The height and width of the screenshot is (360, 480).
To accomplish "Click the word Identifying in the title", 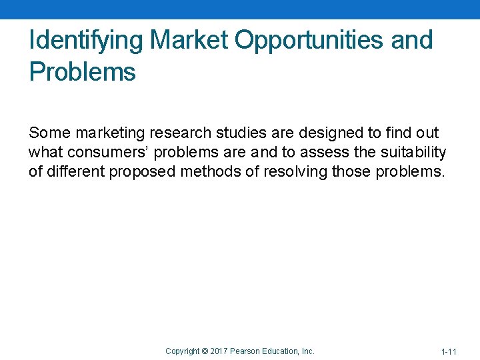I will pos(86,41).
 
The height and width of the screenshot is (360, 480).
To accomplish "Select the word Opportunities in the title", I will pos(309,41).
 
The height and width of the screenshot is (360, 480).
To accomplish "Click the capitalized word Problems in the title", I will pos(82,71).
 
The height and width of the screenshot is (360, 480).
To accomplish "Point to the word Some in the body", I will pos(49,133).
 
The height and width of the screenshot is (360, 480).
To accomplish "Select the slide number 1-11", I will pos(449,351).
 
